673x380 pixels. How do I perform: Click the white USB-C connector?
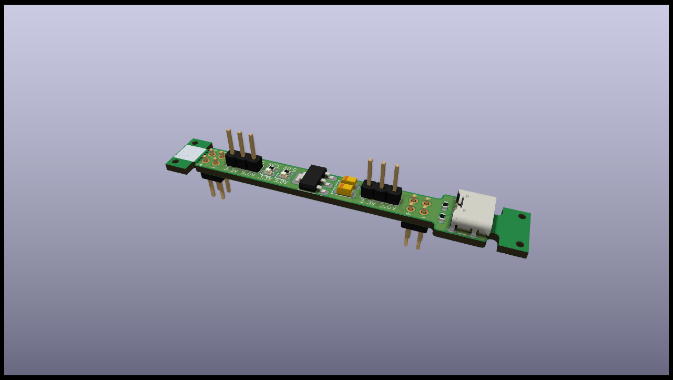click(x=474, y=212)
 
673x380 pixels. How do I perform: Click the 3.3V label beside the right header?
click(x=367, y=202)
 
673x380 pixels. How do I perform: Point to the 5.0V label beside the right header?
click(x=388, y=206)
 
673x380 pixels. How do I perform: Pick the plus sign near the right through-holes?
click(x=407, y=214)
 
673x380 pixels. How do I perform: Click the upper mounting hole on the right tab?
click(x=522, y=216)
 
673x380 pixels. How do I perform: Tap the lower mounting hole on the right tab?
click(x=519, y=244)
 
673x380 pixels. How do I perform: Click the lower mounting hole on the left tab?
click(x=175, y=162)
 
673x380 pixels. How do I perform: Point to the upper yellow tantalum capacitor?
click(x=349, y=181)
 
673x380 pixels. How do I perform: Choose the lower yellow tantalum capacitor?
click(x=345, y=189)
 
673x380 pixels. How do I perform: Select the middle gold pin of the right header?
click(x=382, y=174)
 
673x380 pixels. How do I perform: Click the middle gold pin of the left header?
click(x=241, y=143)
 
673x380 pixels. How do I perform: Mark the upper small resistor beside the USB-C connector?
click(x=445, y=205)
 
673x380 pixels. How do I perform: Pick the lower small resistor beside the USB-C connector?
click(x=442, y=217)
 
